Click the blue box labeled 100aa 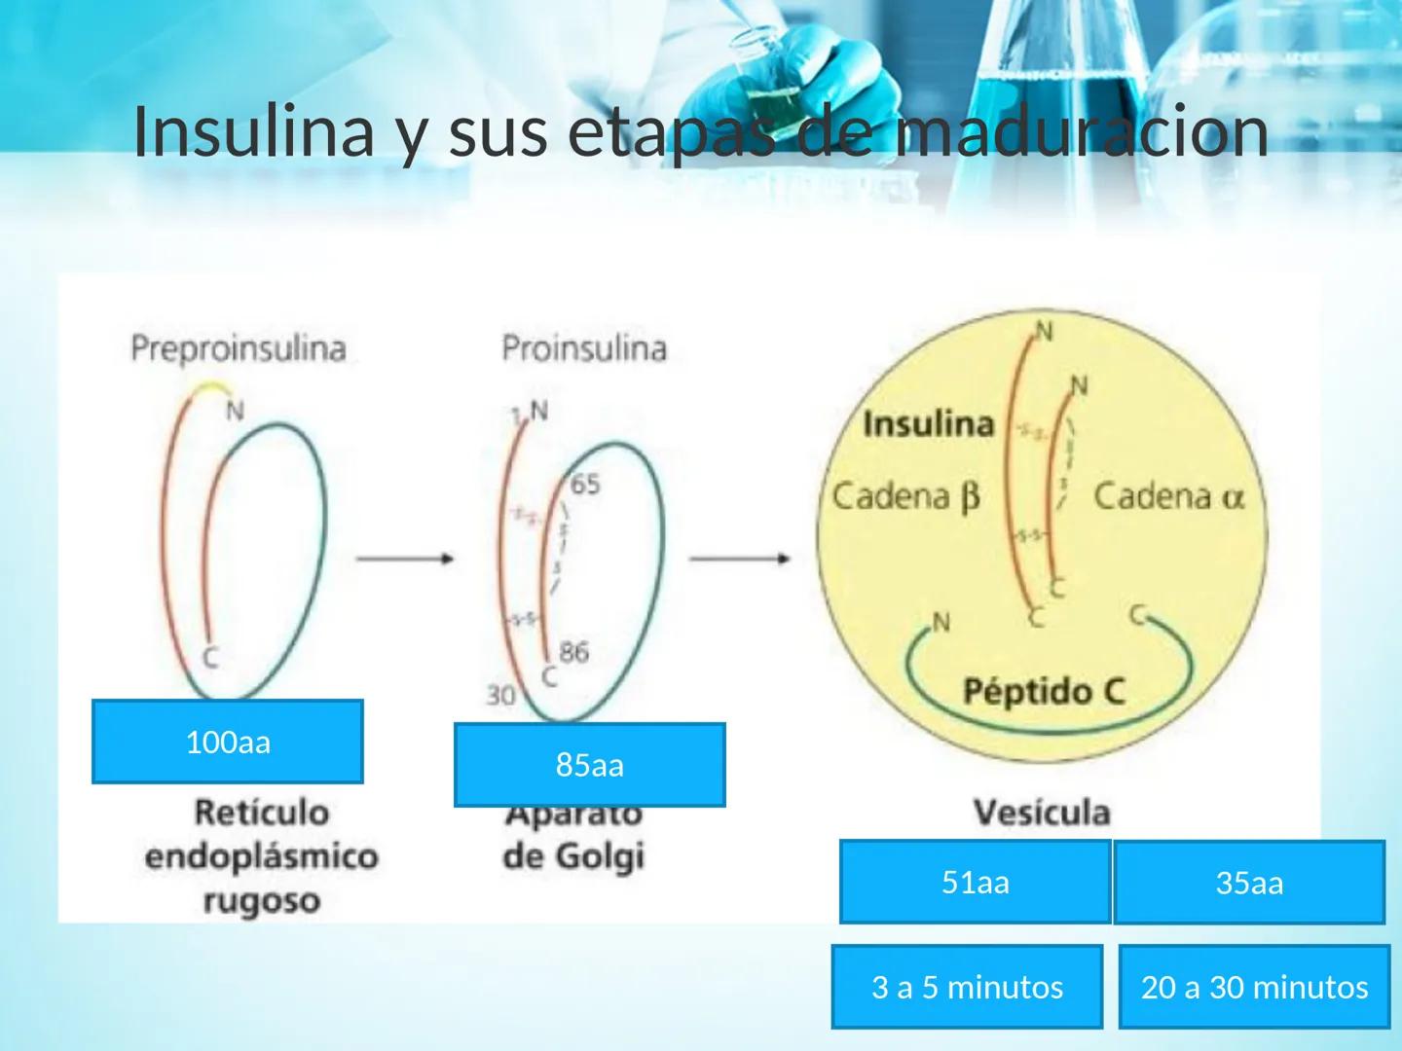(x=227, y=742)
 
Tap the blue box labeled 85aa (x=589, y=765)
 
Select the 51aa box (x=975, y=882)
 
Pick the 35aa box (x=1249, y=883)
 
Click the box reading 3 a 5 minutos (x=967, y=987)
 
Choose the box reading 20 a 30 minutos (x=1254, y=987)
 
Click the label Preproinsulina (x=239, y=347)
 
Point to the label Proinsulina (x=584, y=347)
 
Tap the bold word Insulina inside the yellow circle (x=928, y=424)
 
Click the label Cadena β (x=904, y=496)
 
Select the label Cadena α (x=1168, y=496)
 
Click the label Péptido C (x=1043, y=692)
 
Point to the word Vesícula (x=1042, y=812)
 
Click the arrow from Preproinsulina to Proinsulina (x=404, y=559)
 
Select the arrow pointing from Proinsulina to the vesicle (x=740, y=559)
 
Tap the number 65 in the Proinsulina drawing (x=585, y=484)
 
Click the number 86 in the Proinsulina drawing (x=573, y=651)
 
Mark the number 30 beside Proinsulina (x=500, y=695)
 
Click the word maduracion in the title (x=1083, y=131)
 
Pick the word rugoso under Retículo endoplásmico (x=261, y=900)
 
